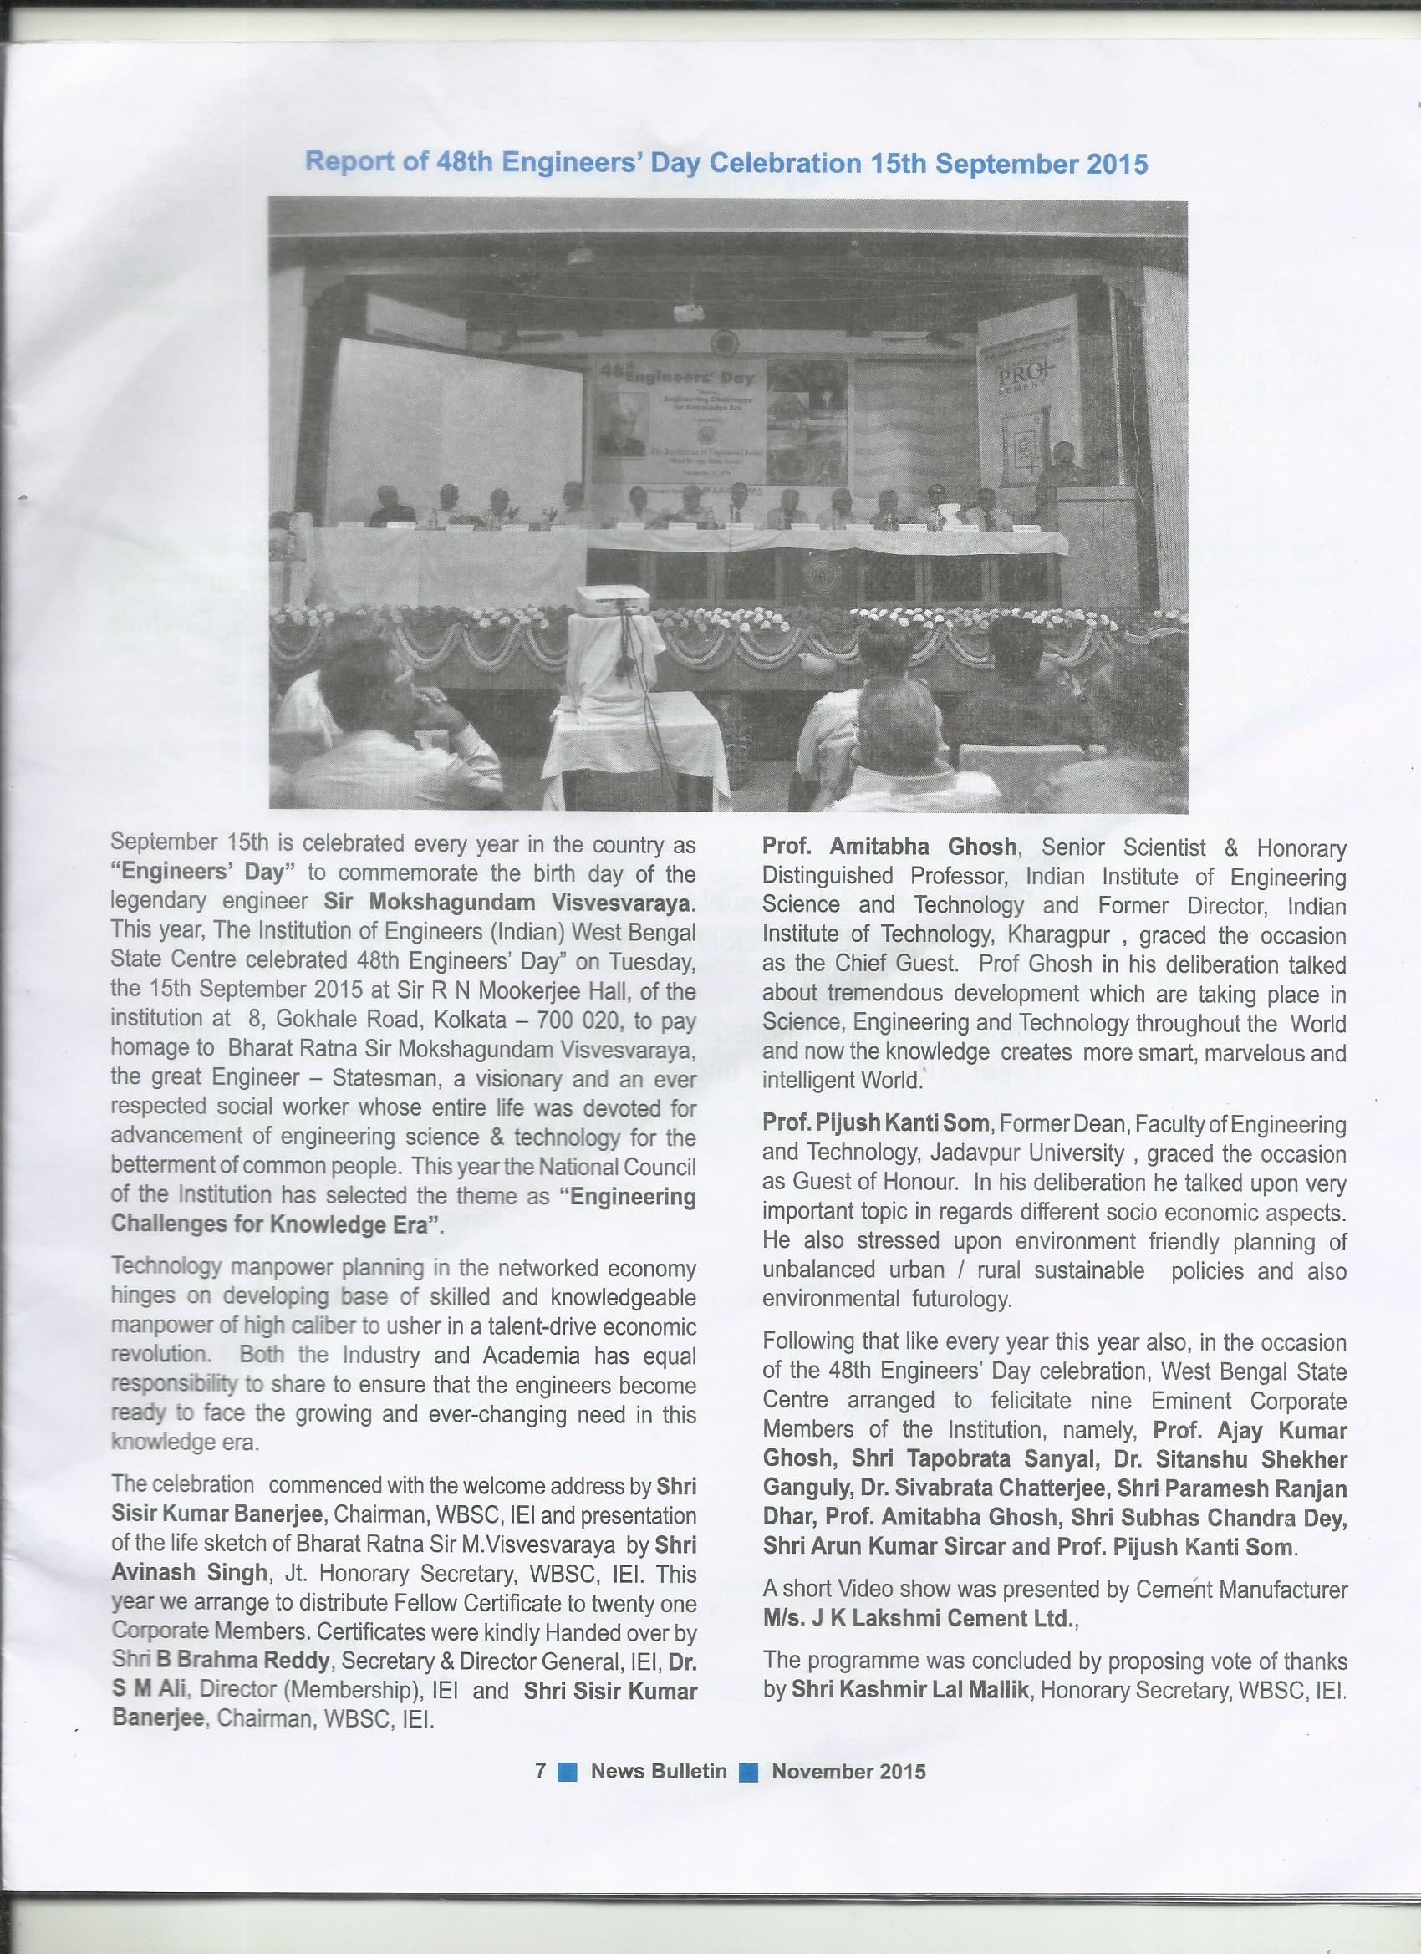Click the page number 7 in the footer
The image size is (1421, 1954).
coord(540,1837)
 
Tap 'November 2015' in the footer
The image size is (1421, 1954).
coord(848,1837)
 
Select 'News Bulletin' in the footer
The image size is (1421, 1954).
coord(659,1837)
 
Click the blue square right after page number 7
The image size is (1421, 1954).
coord(568,1838)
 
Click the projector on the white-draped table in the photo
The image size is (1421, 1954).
coord(607,603)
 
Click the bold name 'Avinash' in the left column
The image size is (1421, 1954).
coord(146,1573)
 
